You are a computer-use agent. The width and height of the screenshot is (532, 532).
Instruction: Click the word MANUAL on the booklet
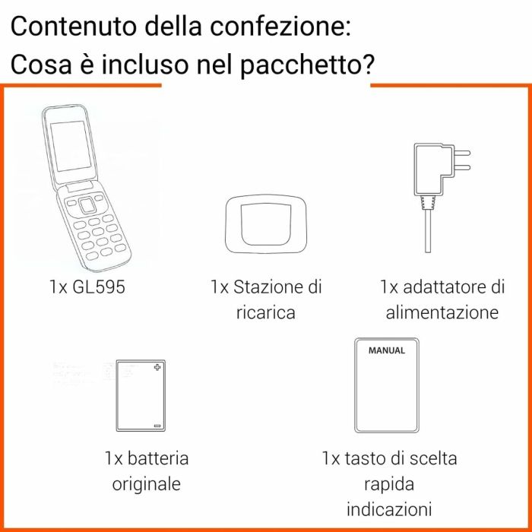point(387,351)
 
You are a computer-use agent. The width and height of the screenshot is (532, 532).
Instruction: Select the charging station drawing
point(266,225)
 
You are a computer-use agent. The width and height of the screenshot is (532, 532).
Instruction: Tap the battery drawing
point(138,396)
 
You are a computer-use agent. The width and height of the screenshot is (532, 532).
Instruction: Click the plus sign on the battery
point(157,369)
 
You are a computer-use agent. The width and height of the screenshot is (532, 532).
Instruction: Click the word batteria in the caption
point(157,458)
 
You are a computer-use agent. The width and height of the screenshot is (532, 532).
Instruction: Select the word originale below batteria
point(147,483)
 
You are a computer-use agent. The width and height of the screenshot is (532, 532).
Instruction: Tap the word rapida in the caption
point(389,483)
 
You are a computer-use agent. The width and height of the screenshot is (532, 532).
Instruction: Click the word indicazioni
point(389,508)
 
